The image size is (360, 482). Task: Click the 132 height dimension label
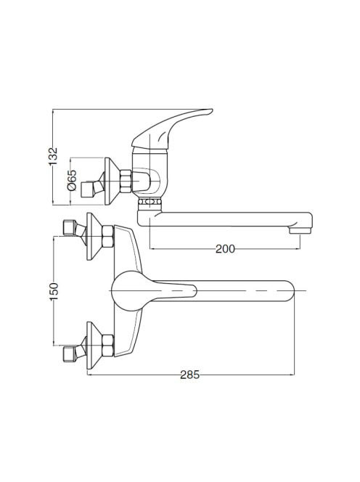(53, 157)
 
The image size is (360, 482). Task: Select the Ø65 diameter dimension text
(72, 180)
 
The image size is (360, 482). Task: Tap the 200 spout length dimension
(225, 249)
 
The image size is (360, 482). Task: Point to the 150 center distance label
(54, 291)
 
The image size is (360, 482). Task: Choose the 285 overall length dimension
(189, 375)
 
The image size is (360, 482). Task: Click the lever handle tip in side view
(209, 110)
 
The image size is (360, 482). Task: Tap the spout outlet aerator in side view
(300, 231)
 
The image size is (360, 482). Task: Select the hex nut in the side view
(126, 181)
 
